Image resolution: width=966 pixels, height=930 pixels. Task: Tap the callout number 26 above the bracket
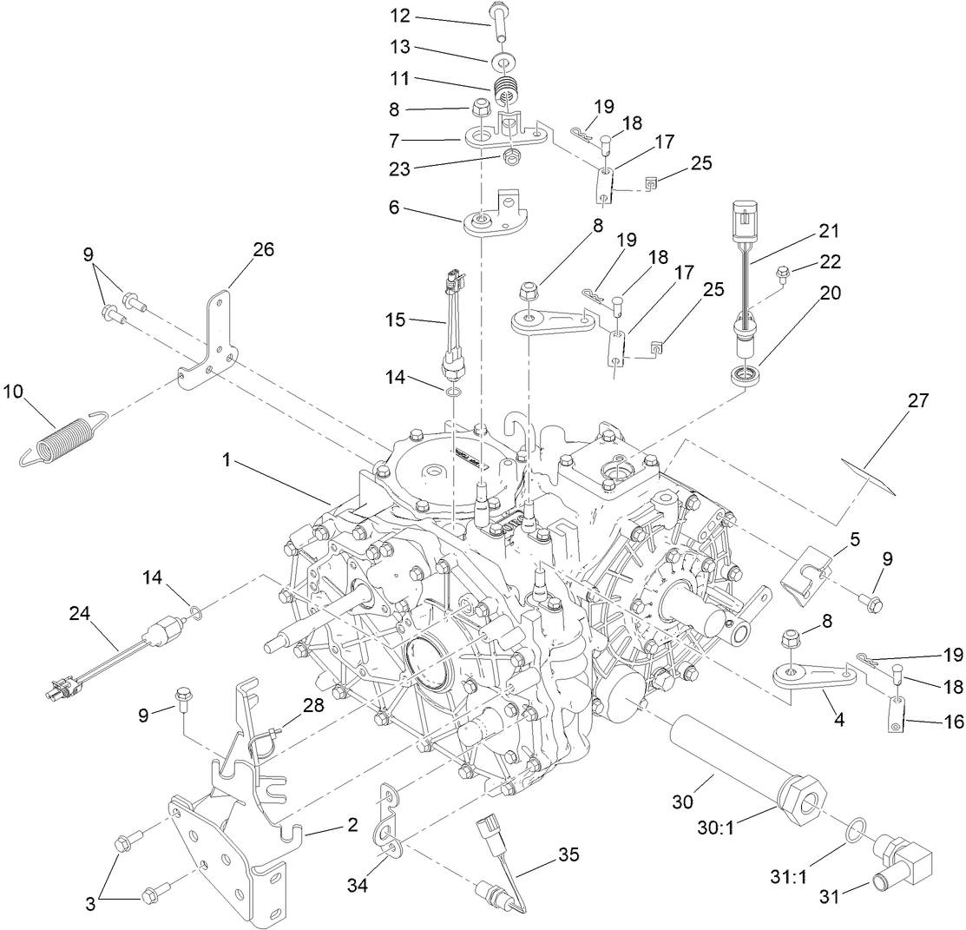click(263, 249)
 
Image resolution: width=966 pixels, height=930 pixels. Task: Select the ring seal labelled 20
click(743, 377)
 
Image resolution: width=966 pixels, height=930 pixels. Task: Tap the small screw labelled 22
click(783, 274)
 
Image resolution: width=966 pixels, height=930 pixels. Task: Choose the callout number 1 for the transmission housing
click(227, 461)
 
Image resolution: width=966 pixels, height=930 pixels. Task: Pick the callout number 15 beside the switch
click(397, 320)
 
